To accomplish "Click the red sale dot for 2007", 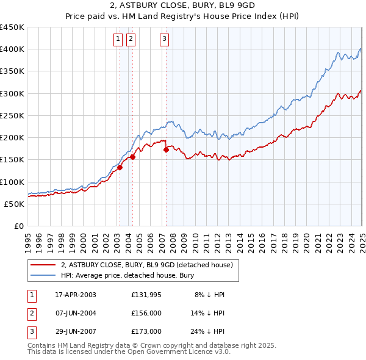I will coord(166,149).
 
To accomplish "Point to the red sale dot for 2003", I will coord(120,168).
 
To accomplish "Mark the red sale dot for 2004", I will coord(132,157).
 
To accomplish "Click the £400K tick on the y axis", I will coord(12,49).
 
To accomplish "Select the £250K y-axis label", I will coord(12,115).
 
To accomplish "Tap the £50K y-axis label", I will coord(14,204).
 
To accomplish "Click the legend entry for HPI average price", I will coord(127,275).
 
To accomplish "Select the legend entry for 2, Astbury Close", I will coord(146,265).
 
